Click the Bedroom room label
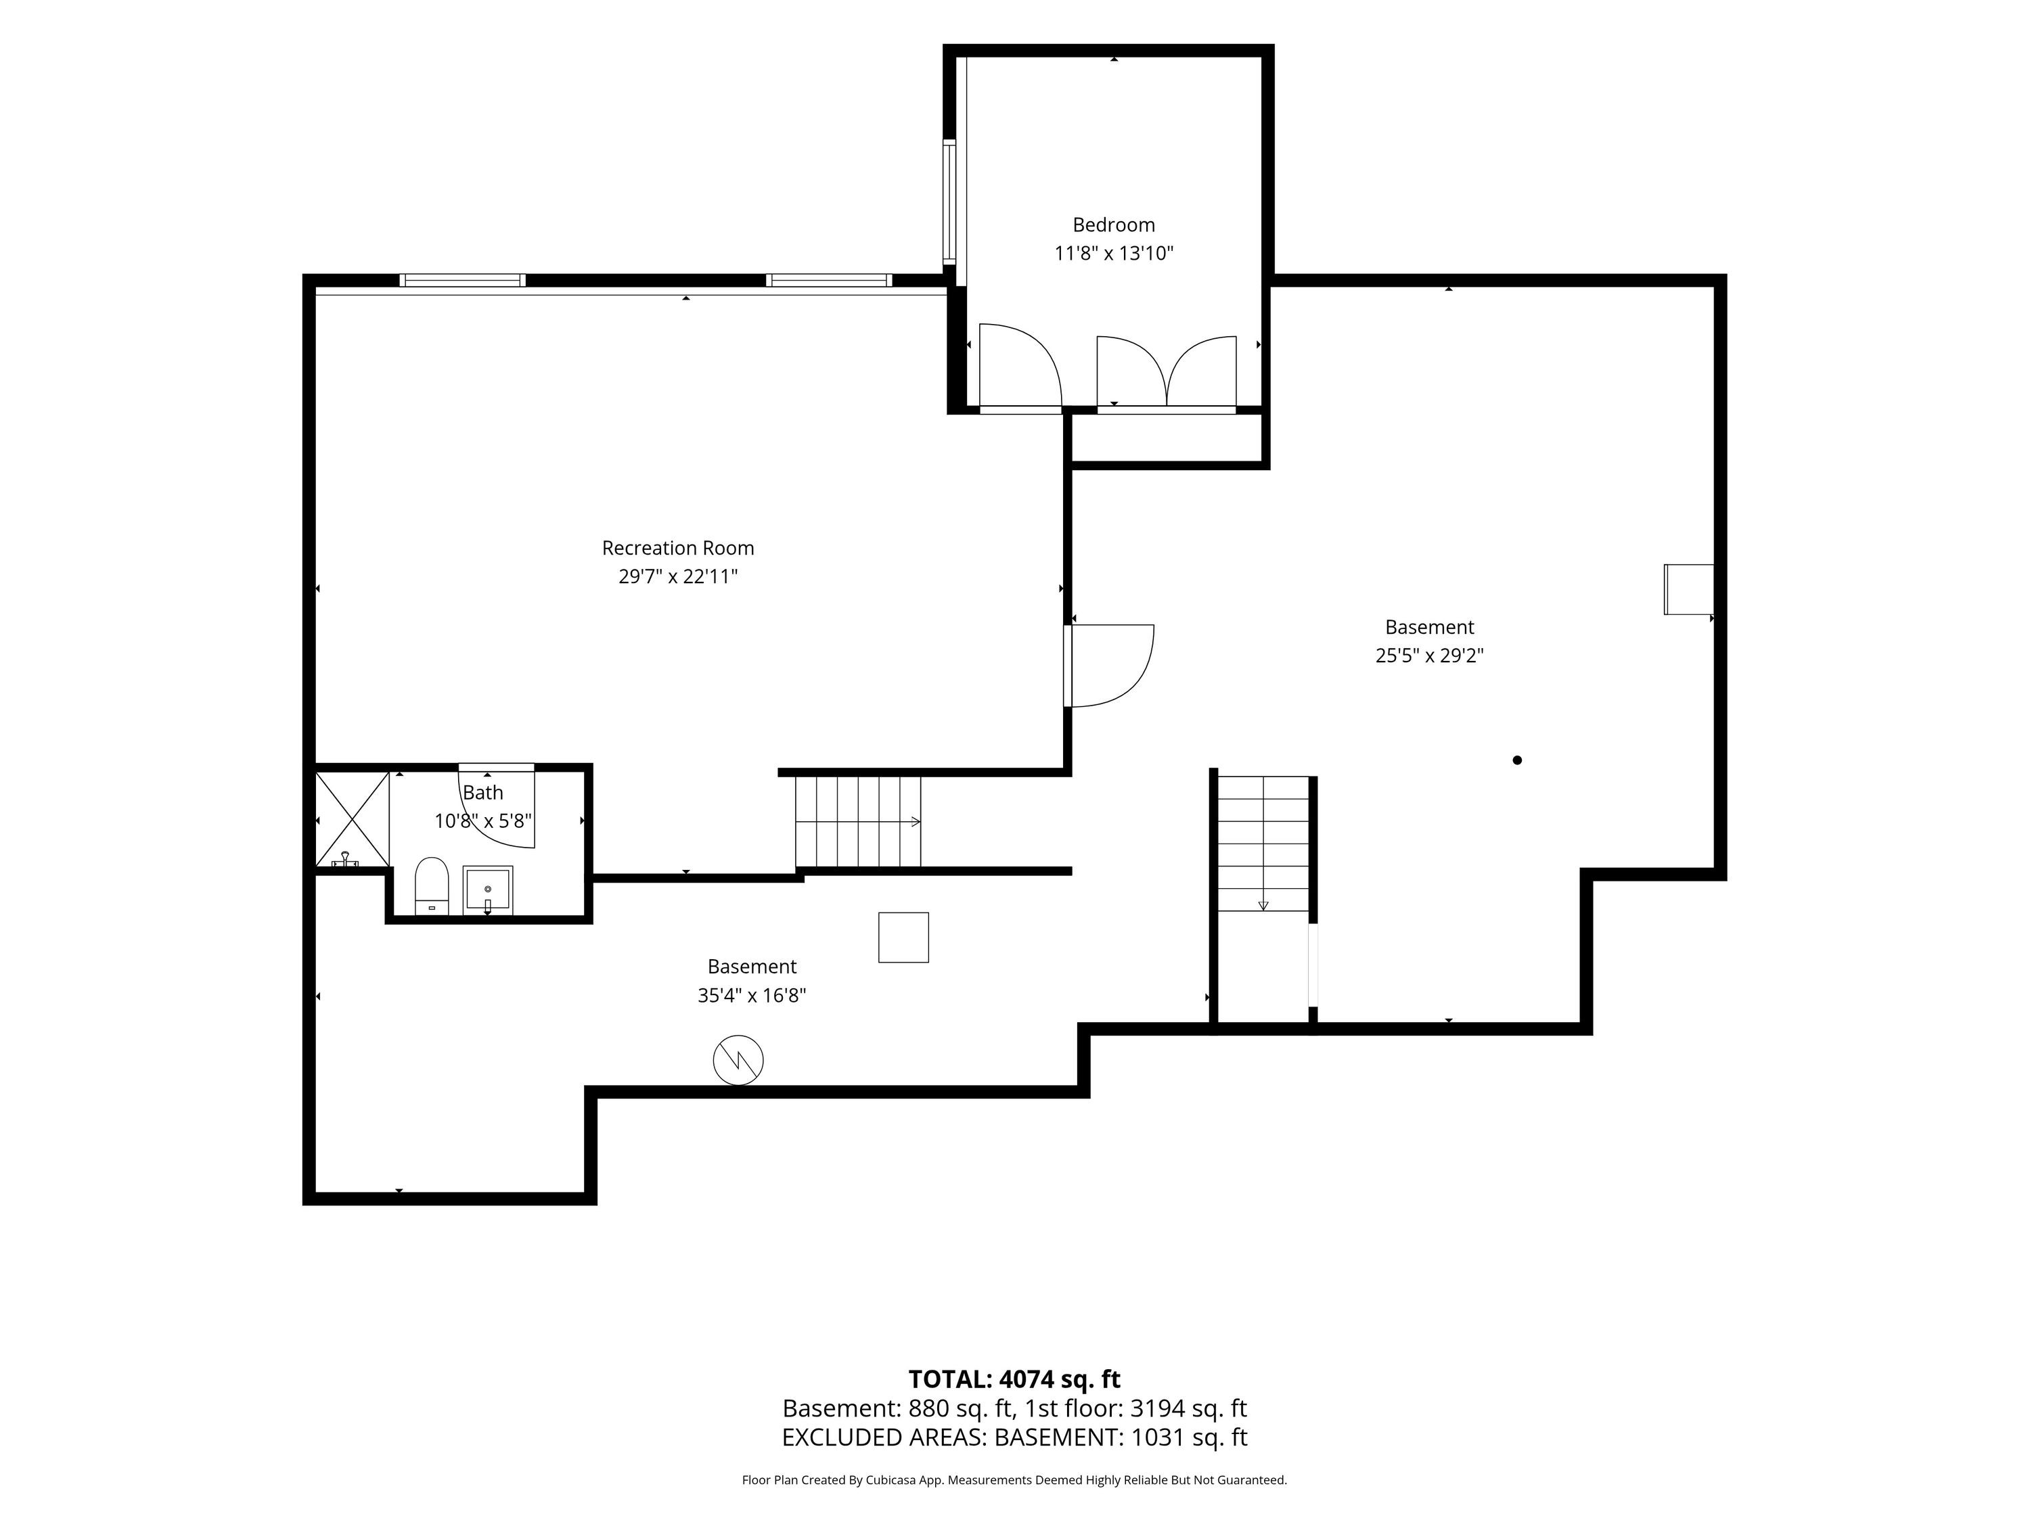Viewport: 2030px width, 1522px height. tap(1113, 225)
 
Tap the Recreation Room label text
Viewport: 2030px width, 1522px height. tap(678, 548)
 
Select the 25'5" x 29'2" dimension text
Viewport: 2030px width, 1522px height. tap(1429, 655)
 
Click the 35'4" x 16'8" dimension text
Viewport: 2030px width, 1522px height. tap(752, 994)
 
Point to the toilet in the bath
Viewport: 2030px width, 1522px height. tap(431, 886)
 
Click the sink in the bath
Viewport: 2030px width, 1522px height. tap(487, 890)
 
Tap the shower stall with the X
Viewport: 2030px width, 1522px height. tap(353, 820)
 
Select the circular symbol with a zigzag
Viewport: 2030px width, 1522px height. tap(738, 1061)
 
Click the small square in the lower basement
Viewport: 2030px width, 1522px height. tap(903, 937)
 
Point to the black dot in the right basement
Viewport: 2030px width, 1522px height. tap(1517, 760)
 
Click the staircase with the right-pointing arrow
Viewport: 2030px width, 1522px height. tap(858, 821)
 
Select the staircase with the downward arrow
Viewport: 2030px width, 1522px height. tap(1263, 844)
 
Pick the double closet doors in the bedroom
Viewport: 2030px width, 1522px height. tap(1167, 371)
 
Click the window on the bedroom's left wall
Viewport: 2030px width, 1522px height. tap(950, 202)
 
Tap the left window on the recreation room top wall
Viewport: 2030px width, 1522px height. tap(463, 280)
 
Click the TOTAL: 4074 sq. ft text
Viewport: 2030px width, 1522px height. tap(1014, 1379)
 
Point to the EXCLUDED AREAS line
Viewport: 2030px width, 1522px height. tap(1014, 1437)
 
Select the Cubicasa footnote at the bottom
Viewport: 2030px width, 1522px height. tap(1014, 1480)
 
